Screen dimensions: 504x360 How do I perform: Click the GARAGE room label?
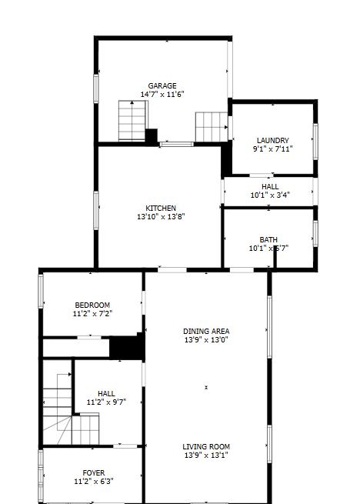(x=162, y=85)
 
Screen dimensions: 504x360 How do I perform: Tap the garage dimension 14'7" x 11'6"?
(x=162, y=94)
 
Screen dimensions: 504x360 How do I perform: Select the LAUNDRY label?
(x=272, y=140)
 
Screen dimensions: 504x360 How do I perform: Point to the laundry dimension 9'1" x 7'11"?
(x=272, y=149)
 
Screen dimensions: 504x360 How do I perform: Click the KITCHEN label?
(x=161, y=208)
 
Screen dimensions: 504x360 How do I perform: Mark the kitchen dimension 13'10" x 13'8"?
(x=161, y=216)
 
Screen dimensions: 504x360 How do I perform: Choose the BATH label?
(x=268, y=239)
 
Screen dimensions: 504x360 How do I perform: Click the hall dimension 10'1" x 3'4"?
(x=269, y=195)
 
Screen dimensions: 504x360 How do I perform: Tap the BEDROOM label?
(x=92, y=305)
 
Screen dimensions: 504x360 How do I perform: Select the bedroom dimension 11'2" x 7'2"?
(x=92, y=314)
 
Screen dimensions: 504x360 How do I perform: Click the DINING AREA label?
(x=206, y=331)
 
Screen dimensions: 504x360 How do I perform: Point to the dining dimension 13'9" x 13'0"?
(x=206, y=339)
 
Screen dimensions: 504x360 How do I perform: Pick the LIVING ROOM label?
(x=206, y=446)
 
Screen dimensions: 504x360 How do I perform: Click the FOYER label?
(x=94, y=472)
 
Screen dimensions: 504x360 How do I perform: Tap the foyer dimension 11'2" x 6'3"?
(x=94, y=481)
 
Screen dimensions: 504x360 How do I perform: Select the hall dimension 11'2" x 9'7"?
(x=106, y=402)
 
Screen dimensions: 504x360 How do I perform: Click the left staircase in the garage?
(x=132, y=121)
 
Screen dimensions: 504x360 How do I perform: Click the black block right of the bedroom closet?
(x=126, y=347)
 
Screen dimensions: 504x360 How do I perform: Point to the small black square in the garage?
(x=152, y=135)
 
